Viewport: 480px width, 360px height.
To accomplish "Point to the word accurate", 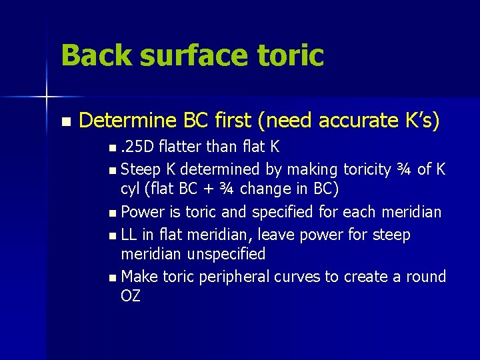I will click(350, 121).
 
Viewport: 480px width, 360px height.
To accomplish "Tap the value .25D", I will click(139, 147).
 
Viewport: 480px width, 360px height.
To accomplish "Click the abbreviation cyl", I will click(130, 189).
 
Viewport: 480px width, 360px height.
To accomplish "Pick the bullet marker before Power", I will click(115, 213).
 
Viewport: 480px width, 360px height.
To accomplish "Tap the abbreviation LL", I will click(130, 234).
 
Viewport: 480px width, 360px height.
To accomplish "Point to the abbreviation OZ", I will click(131, 296).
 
